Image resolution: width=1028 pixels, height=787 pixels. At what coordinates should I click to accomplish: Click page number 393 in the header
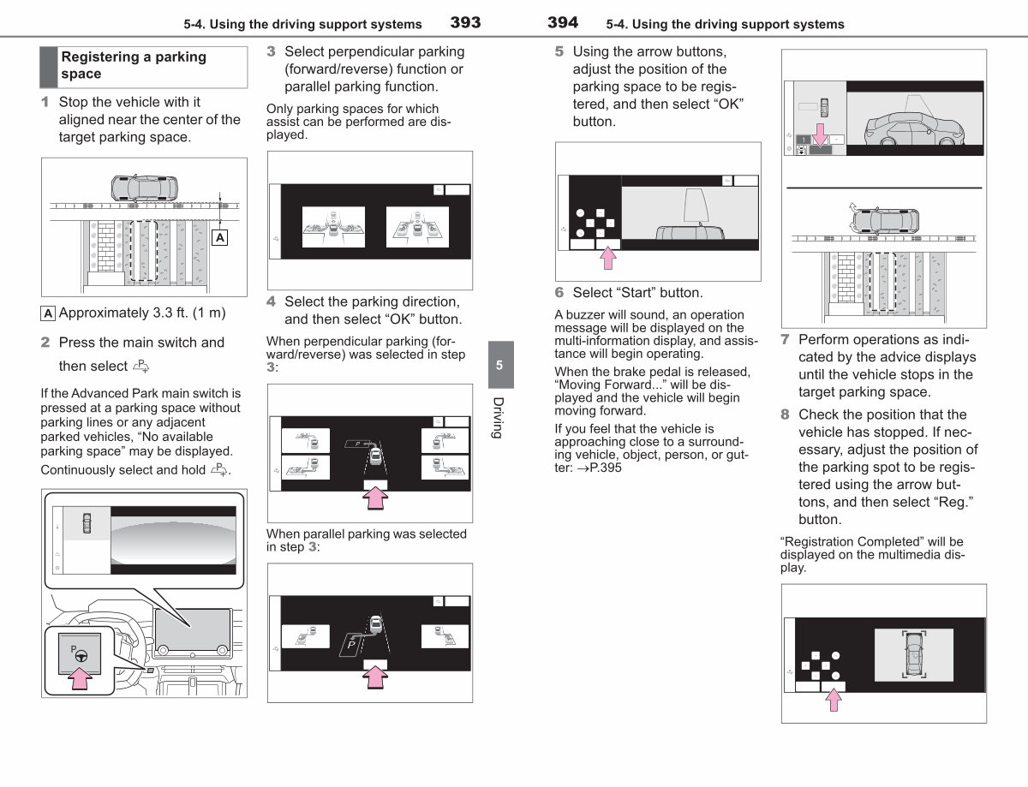[465, 22]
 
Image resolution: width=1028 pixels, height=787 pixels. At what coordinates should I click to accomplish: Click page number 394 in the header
[563, 22]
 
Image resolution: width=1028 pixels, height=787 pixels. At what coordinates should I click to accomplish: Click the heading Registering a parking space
[134, 65]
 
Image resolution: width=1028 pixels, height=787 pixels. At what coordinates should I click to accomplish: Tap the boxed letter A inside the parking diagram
[220, 237]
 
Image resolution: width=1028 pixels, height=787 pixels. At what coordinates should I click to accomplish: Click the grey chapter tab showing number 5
[500, 365]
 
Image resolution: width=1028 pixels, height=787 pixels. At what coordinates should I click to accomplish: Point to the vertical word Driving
[499, 418]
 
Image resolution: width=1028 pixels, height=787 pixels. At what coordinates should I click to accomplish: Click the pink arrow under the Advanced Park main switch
[80, 678]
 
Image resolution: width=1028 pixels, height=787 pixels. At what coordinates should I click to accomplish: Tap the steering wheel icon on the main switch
[81, 656]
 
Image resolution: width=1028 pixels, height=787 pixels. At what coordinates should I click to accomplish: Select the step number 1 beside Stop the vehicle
[45, 102]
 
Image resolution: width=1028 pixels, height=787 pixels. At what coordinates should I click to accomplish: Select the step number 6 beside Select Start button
[559, 293]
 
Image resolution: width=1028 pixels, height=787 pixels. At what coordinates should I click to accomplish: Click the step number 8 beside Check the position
[785, 414]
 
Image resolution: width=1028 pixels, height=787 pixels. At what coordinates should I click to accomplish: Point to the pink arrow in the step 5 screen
[608, 259]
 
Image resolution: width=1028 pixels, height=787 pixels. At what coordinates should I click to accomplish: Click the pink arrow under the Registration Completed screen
[834, 700]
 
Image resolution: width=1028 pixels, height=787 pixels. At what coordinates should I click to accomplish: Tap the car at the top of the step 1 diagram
[144, 188]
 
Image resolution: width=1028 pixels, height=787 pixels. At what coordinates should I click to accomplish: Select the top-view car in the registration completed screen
[914, 654]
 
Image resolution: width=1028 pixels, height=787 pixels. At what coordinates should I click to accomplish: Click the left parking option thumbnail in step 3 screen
[333, 227]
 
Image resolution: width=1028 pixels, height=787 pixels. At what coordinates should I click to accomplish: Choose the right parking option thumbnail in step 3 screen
[417, 227]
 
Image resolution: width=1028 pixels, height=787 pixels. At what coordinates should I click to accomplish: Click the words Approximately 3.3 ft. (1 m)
[142, 313]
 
